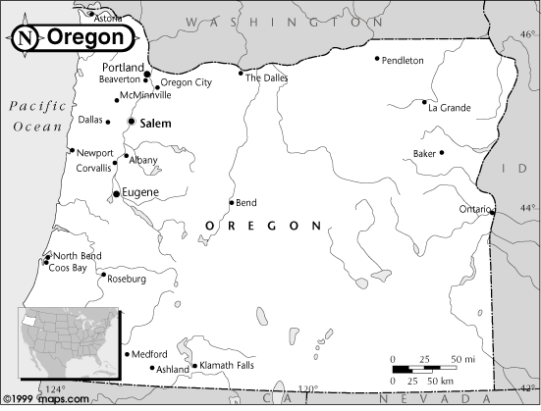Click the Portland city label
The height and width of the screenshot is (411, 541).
[123, 68]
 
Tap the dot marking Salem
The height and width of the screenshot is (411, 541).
[131, 122]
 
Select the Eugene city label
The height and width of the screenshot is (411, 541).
[140, 193]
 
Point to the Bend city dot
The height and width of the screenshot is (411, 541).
[232, 203]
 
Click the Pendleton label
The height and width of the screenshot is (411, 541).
[403, 61]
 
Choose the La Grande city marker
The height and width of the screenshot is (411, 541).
[424, 102]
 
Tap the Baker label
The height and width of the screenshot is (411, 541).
[424, 154]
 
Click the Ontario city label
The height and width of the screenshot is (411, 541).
[474, 209]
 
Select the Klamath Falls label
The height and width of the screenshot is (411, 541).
[228, 366]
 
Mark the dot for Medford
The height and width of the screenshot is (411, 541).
[127, 354]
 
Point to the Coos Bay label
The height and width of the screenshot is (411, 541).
[68, 267]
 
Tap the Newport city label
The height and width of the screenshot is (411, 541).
[94, 154]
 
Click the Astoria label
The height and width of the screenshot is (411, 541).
[108, 19]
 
